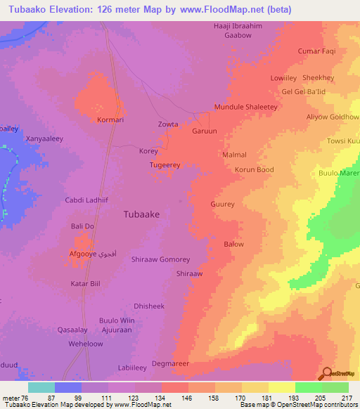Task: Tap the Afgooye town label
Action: coord(87,253)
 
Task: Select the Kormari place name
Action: coord(111,120)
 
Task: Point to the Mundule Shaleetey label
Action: coord(246,108)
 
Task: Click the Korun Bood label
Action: coord(254,169)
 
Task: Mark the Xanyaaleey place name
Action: coord(44,139)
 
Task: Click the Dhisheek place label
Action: coord(148,306)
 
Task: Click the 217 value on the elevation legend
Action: coord(344,397)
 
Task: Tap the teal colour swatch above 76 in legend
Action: coord(41,387)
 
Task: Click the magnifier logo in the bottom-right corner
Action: coord(326,373)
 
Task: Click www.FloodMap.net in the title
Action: coord(224,10)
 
